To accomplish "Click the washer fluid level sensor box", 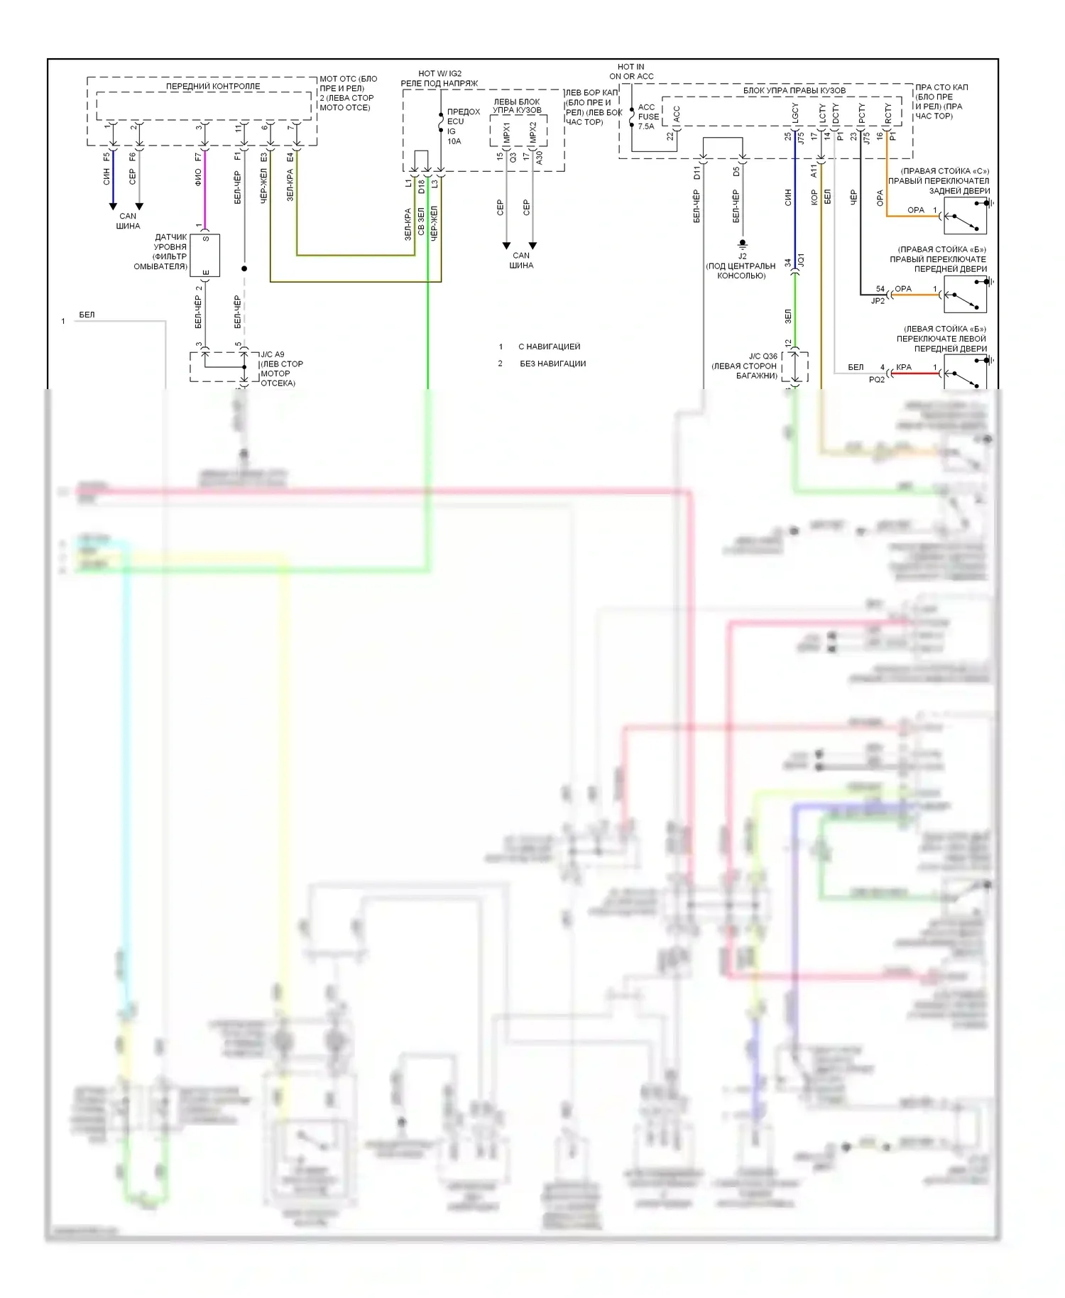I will click(205, 255).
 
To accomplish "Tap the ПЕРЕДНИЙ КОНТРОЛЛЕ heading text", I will click(213, 87).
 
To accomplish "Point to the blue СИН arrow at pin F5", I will click(113, 206).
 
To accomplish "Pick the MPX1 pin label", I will click(506, 132).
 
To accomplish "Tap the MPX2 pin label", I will click(533, 132).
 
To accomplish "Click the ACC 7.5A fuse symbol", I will click(632, 117).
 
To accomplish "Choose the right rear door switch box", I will click(966, 216).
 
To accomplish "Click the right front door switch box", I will click(966, 294).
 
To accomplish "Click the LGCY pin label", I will click(795, 113).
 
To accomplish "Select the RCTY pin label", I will click(887, 113).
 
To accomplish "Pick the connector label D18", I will click(421, 187).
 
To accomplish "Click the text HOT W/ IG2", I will click(439, 73).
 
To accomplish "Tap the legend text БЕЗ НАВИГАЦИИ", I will click(552, 364).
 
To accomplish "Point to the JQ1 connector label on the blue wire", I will click(801, 260).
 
